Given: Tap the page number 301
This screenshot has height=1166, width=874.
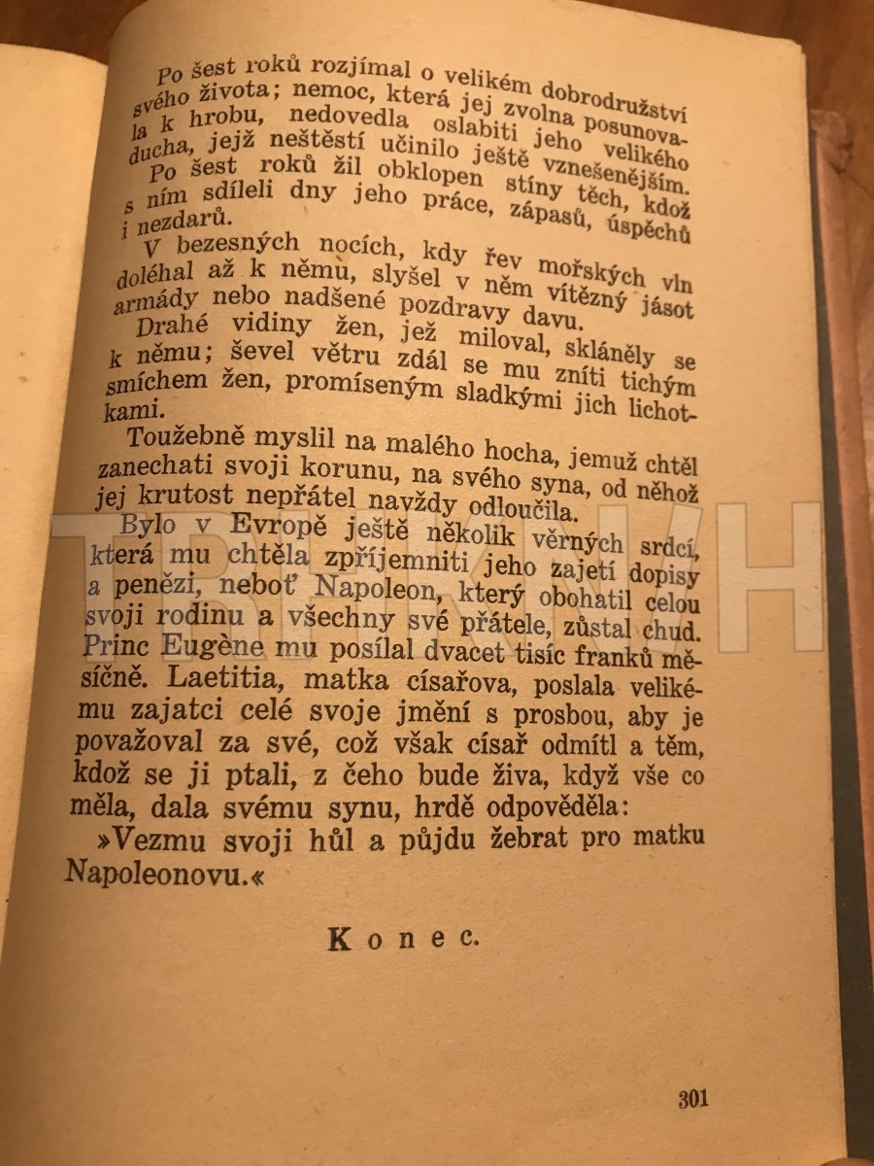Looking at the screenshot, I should point(693,1099).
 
